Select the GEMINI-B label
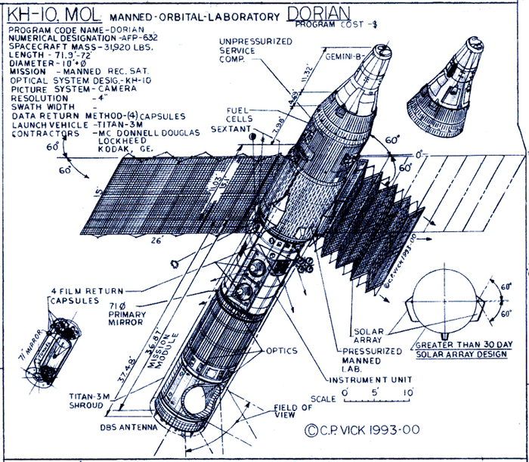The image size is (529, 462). pyautogui.click(x=346, y=56)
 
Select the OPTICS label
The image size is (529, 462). pyautogui.click(x=283, y=351)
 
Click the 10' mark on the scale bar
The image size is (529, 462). pyautogui.click(x=408, y=393)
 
